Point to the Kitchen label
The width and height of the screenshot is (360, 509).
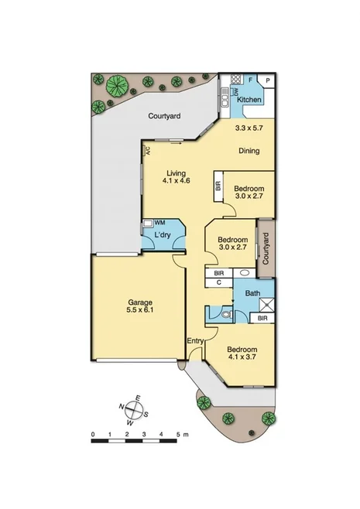[249, 100]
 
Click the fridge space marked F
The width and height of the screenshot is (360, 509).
[252, 80]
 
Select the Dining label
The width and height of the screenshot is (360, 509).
[249, 151]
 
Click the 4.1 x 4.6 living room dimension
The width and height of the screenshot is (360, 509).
[177, 181]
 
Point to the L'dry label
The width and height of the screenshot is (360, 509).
[163, 234]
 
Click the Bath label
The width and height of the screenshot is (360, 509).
[252, 293]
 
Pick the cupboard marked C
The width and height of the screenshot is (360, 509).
[219, 282]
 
